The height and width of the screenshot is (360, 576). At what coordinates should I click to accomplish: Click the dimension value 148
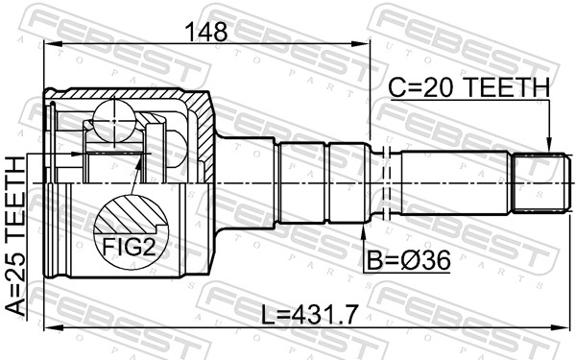[206, 33]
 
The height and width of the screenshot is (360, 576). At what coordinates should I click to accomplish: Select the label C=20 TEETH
[469, 87]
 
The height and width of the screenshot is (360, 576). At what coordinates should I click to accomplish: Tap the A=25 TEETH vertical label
[16, 235]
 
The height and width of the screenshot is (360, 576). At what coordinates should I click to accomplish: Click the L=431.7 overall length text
[309, 315]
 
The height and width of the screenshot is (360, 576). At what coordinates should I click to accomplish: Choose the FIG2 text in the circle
[129, 247]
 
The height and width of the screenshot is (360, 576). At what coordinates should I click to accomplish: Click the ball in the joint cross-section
[114, 121]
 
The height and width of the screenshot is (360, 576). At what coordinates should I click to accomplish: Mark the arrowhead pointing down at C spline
[549, 144]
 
